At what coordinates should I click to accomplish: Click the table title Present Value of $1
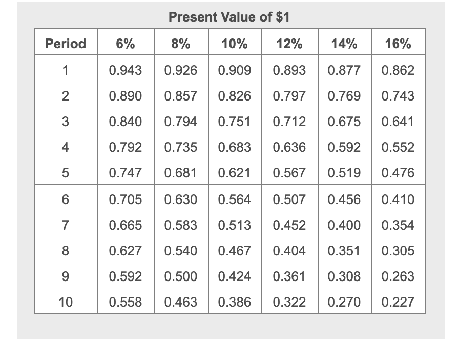pos(229,17)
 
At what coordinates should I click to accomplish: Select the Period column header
pos(66,44)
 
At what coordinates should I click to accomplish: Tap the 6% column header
pos(126,44)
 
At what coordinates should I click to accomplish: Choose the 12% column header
pos(289,44)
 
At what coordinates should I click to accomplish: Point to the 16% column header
pos(398,44)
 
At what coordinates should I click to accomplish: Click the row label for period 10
pos(66,303)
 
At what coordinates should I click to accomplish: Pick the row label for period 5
pos(66,173)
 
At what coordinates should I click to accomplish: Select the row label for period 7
pos(66,225)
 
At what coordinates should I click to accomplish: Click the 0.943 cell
pos(126,70)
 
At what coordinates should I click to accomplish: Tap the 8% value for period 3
pos(180,122)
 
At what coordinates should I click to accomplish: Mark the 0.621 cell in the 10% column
pos(235,173)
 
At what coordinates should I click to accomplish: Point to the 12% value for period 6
pos(289,199)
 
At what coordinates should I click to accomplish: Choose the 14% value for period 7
pos(344,225)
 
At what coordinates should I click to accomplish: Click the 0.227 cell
pos(398,303)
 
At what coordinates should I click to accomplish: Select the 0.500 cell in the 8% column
pos(180,277)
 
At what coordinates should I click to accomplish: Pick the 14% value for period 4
pos(344,147)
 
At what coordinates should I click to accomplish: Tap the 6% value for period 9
pos(126,277)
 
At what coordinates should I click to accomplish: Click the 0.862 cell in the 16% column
pos(398,70)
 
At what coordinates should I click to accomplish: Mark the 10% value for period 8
pos(235,251)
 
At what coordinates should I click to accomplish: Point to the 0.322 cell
pos(289,303)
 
